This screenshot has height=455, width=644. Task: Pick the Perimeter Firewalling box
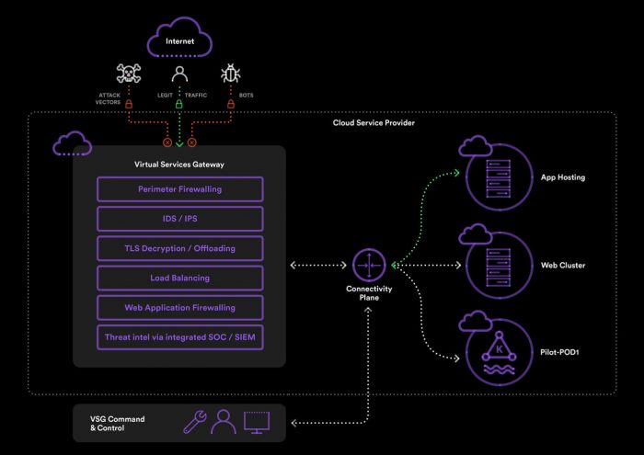pos(179,189)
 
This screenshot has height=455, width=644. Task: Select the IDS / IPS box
pos(179,219)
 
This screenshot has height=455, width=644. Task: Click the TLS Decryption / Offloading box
pos(179,248)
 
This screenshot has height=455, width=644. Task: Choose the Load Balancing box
pos(179,278)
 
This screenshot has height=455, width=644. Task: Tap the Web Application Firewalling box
pos(179,307)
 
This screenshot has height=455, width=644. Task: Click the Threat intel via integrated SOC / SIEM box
pos(179,336)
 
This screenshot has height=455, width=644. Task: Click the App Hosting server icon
pos(499,177)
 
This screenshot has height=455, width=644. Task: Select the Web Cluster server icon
pos(499,266)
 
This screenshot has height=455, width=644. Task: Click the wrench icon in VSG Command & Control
pos(195,422)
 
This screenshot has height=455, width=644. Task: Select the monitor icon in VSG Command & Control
pos(257,422)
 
